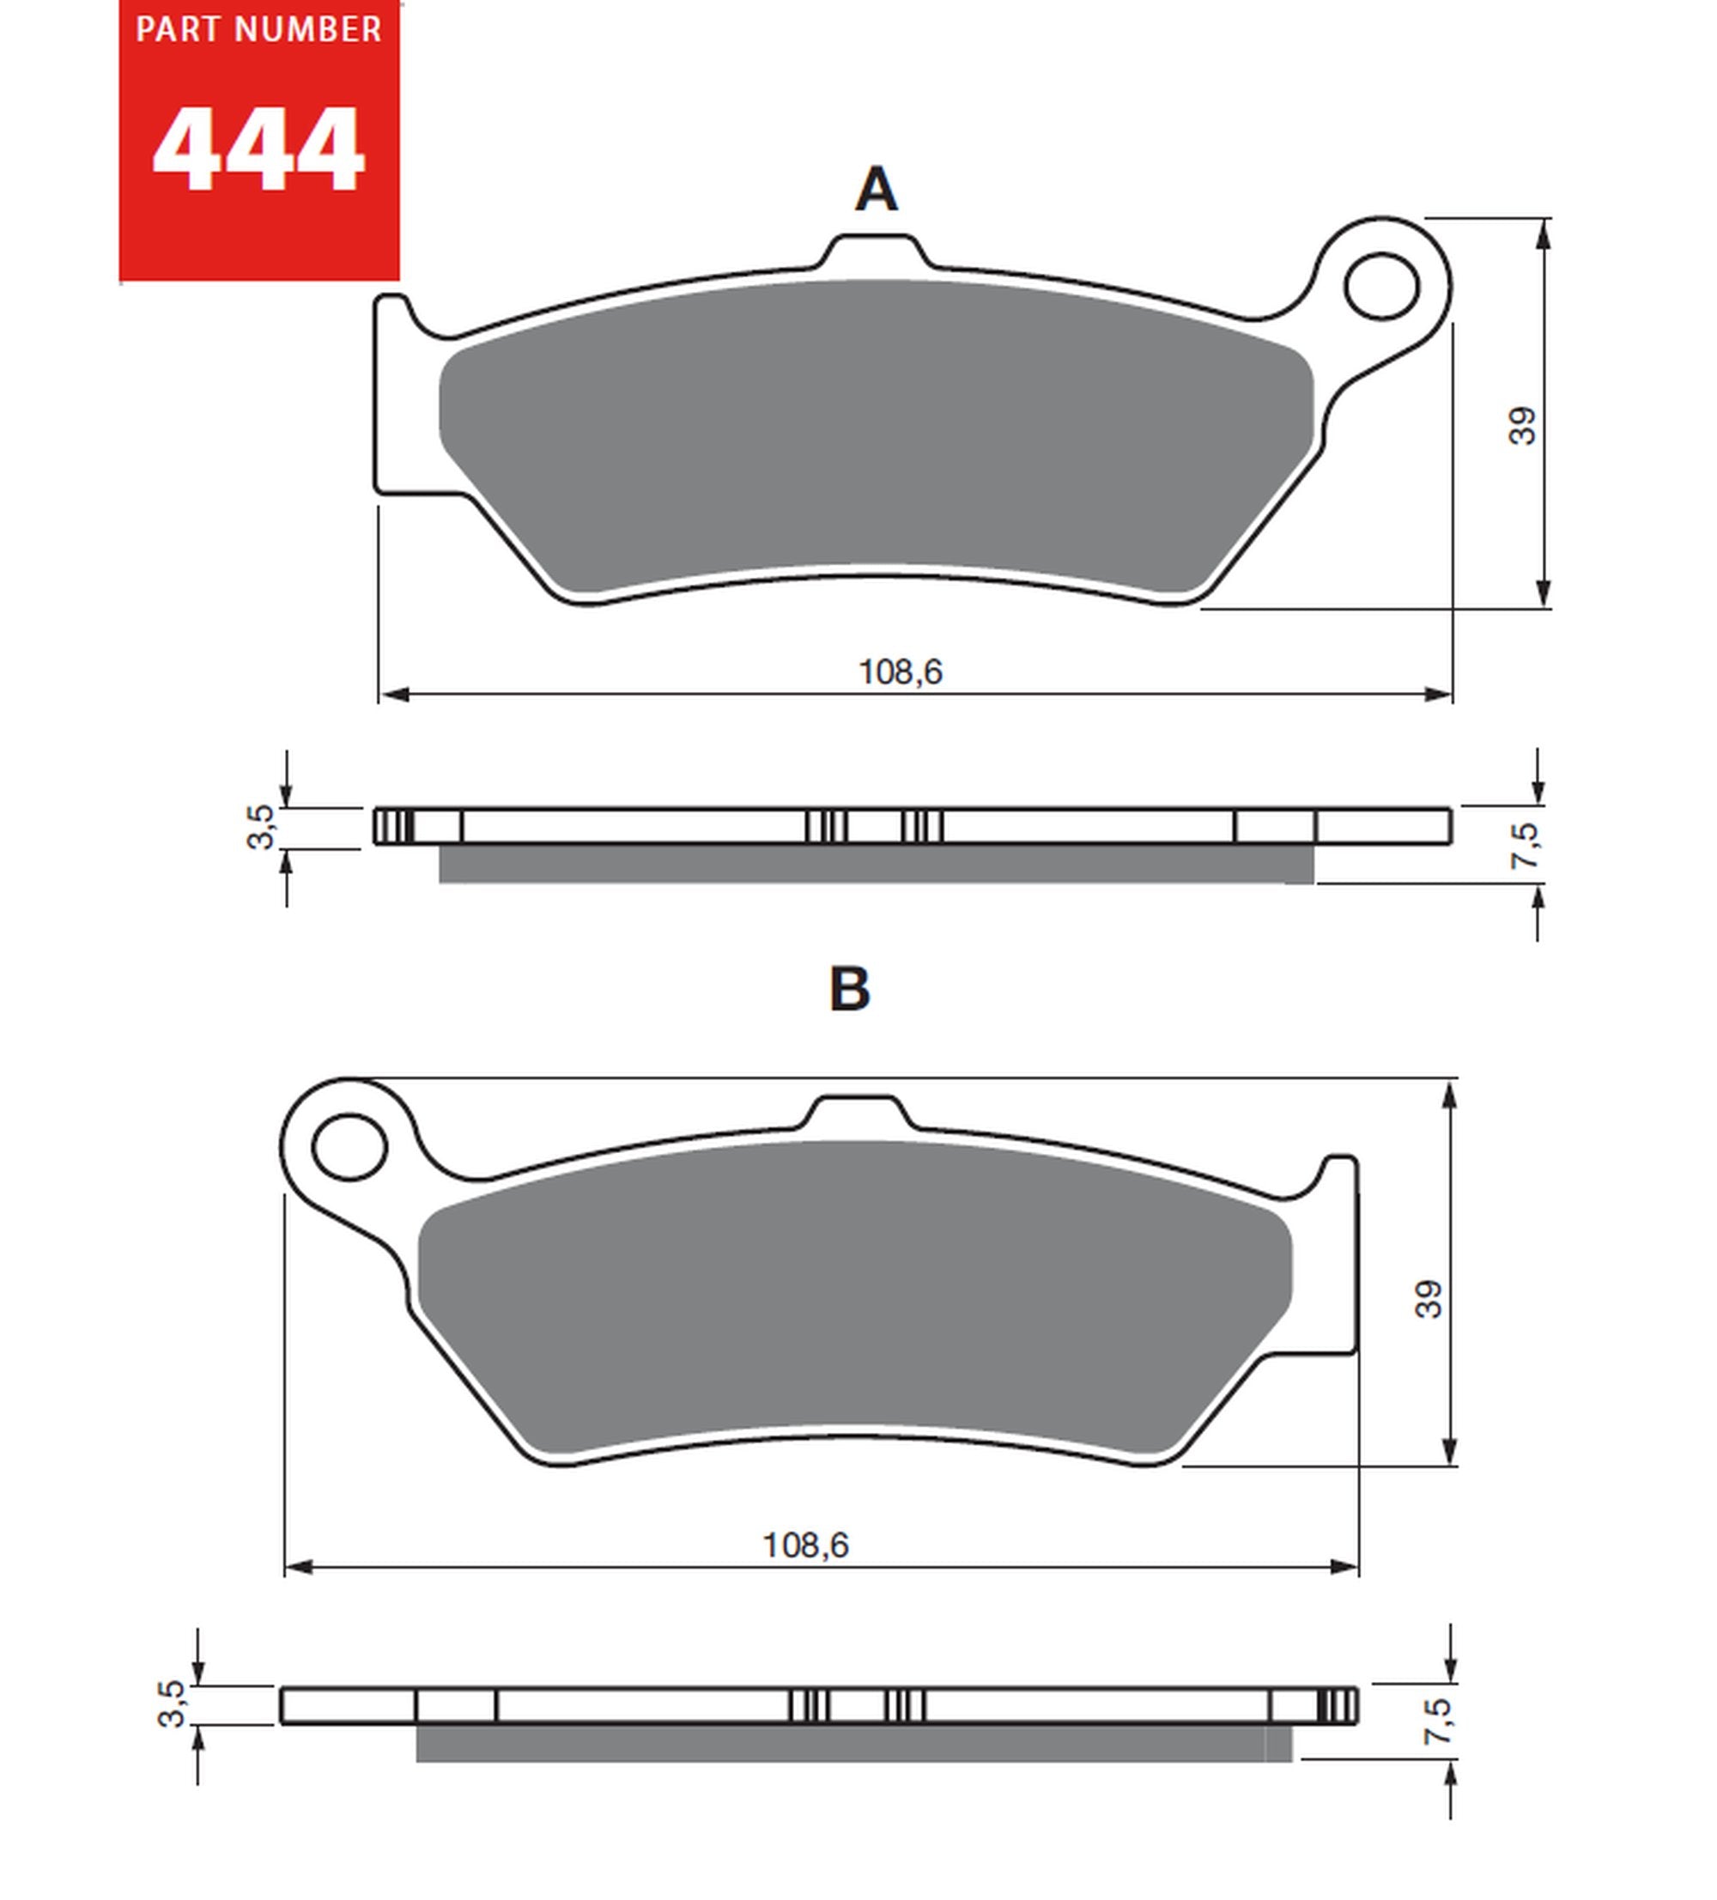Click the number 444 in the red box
(x=258, y=151)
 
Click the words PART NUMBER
(x=258, y=30)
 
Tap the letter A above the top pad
(x=876, y=190)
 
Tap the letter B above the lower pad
(x=848, y=989)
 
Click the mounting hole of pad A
(x=1380, y=286)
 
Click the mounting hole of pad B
(x=349, y=1146)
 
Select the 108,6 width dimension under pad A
(x=899, y=672)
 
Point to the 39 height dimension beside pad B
(x=1428, y=1299)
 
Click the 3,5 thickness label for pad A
(x=261, y=827)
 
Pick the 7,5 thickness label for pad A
(x=1524, y=846)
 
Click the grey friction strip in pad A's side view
(x=876, y=864)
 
